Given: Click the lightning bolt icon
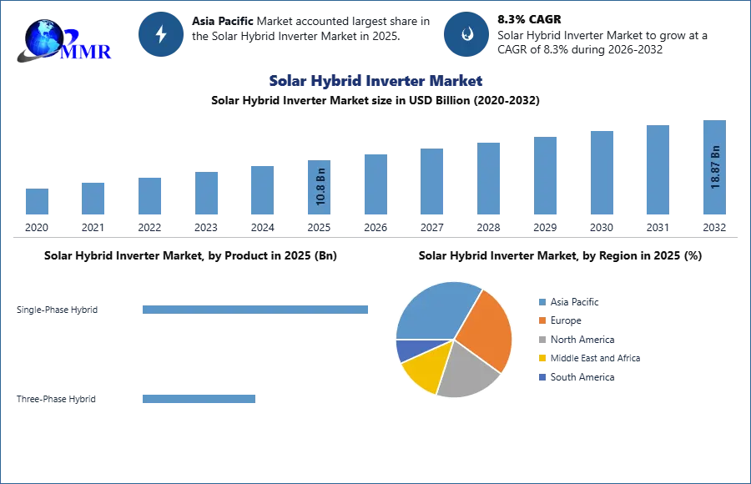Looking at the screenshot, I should tap(161, 34).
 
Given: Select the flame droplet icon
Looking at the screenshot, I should tap(466, 34).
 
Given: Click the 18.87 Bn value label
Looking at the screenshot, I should tap(715, 168).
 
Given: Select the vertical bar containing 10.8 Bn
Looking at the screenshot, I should tap(320, 190).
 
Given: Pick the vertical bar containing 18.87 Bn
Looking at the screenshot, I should tap(714, 170).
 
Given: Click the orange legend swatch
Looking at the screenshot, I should tap(542, 320).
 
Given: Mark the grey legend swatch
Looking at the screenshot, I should tap(542, 340).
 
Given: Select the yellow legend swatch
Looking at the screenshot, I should tap(542, 360).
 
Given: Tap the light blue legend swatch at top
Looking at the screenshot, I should tap(542, 300).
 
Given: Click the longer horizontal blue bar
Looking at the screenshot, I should tap(256, 308).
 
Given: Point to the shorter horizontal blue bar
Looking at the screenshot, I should tap(199, 401).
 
